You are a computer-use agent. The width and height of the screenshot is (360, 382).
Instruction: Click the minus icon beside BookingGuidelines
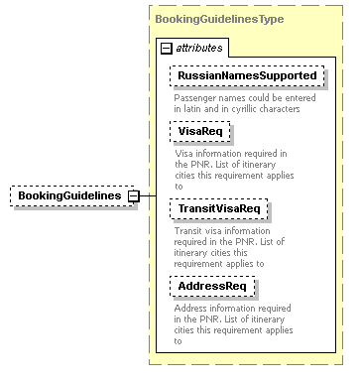coord(132,195)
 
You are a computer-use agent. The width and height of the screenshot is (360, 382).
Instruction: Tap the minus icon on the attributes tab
coord(166,48)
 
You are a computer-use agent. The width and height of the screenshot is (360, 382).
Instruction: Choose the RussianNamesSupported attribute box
coord(247,75)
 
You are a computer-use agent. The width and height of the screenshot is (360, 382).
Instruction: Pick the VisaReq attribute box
coord(200,130)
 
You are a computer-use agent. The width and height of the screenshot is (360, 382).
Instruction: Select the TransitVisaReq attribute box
coord(218,208)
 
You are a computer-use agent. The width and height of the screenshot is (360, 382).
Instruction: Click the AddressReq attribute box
coord(212,286)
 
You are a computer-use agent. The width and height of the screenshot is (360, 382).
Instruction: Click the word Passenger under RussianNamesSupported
coord(196,97)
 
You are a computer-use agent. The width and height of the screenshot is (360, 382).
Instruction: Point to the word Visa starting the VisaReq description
coord(184,153)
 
